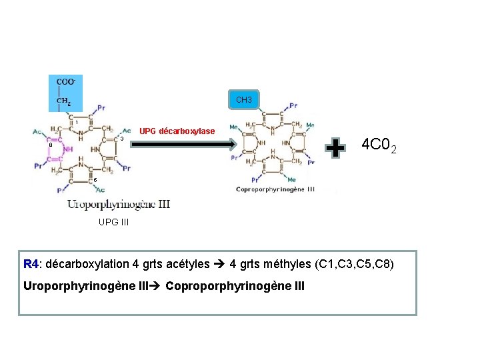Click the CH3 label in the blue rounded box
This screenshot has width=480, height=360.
point(244,100)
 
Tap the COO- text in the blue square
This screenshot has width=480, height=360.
point(65,82)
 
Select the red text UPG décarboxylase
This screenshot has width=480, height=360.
point(177,131)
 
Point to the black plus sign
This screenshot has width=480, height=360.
point(337,147)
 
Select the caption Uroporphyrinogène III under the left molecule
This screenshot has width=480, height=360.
point(118,204)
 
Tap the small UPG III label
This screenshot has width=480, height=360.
point(113,223)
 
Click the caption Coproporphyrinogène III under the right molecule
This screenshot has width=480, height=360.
point(275,190)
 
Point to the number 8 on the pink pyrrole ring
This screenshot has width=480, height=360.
point(50,145)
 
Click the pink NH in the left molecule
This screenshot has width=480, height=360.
point(68,149)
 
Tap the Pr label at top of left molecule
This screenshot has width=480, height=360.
point(101,107)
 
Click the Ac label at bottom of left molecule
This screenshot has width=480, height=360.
point(101,190)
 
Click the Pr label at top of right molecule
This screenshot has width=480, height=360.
point(293,105)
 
